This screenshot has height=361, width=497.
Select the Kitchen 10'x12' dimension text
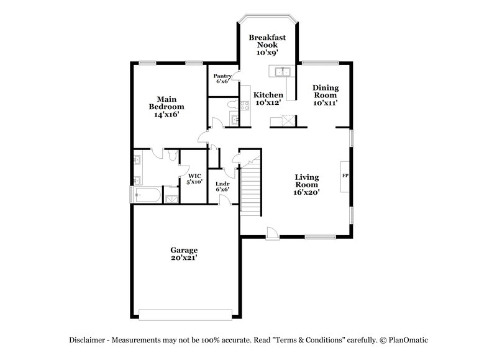pos(268,103)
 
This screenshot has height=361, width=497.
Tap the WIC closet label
pos(194,176)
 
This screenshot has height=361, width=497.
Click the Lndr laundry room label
pos(222,184)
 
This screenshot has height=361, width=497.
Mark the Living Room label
pos(307,180)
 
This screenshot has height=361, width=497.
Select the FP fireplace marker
pos(345,176)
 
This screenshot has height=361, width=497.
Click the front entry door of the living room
pos(271,234)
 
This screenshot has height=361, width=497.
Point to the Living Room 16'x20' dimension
pos(307,193)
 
